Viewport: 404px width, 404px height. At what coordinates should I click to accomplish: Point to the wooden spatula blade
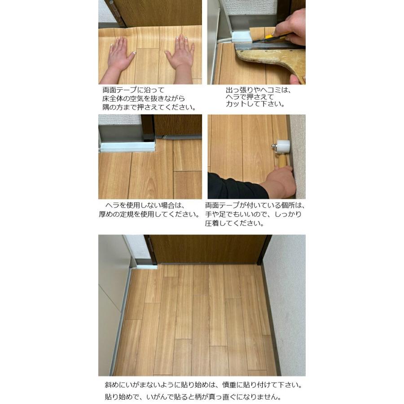pyautogui.click(x=265, y=61)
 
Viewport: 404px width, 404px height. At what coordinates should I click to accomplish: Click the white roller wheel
pyautogui.click(x=283, y=146)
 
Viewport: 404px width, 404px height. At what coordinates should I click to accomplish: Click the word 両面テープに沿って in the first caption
pyautogui.click(x=133, y=90)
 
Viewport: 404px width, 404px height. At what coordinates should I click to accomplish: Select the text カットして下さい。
pyautogui.click(x=255, y=104)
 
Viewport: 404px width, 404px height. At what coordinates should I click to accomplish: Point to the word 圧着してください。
pyautogui.click(x=234, y=223)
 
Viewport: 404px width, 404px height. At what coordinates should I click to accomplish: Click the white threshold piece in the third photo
pyautogui.click(x=126, y=146)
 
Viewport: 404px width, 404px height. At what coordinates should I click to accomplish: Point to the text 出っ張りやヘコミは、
pyautogui.click(x=258, y=90)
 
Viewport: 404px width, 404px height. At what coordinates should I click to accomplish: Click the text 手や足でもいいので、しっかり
pyautogui.click(x=253, y=214)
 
